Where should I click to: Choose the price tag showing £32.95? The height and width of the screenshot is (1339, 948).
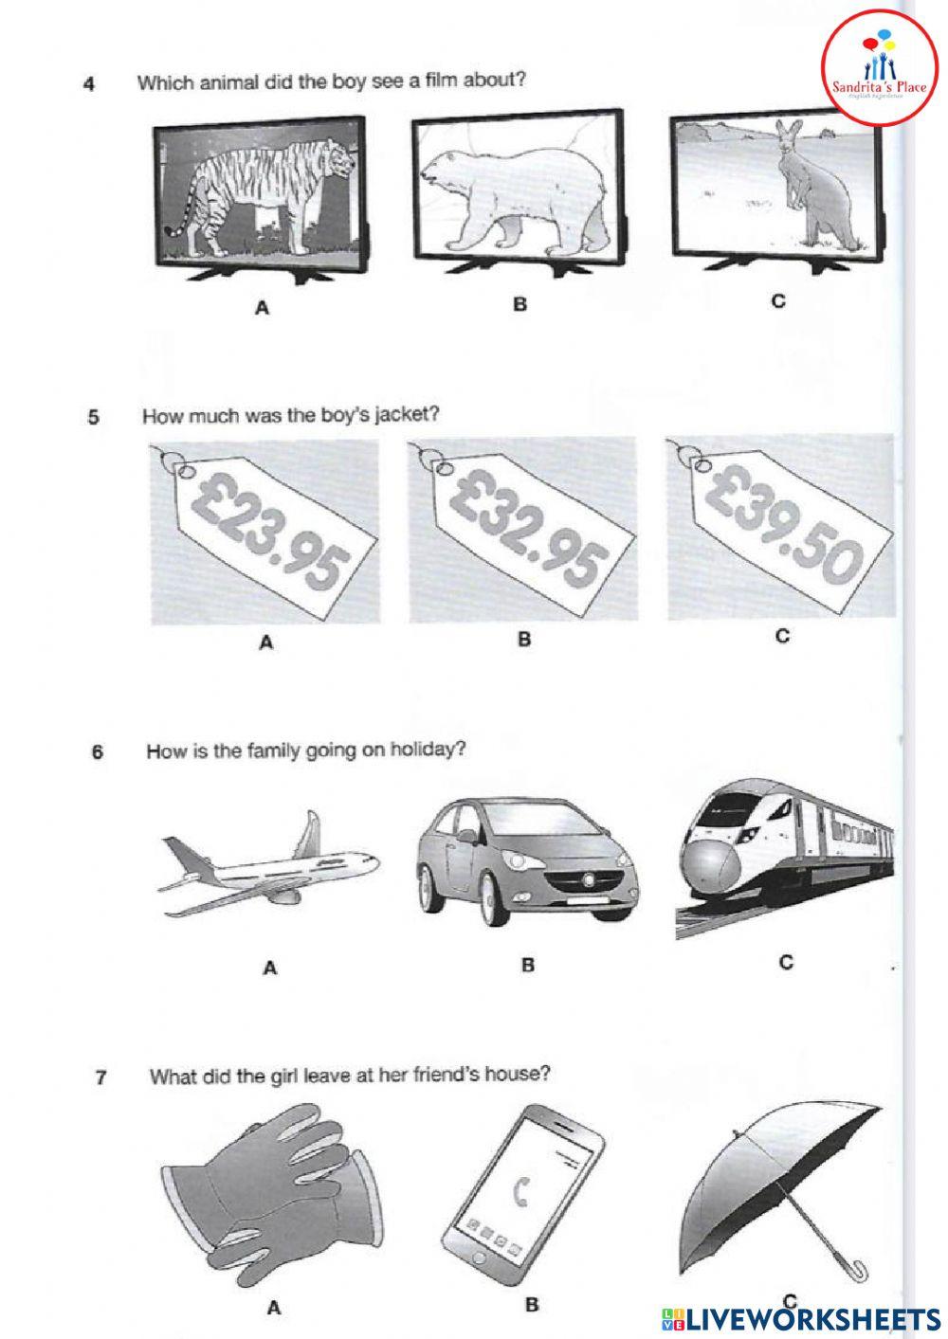tap(524, 532)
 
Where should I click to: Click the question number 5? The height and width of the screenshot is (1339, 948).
tap(93, 417)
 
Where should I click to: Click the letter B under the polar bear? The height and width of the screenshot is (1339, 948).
tap(520, 304)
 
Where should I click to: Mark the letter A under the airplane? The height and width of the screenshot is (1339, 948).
tap(270, 968)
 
